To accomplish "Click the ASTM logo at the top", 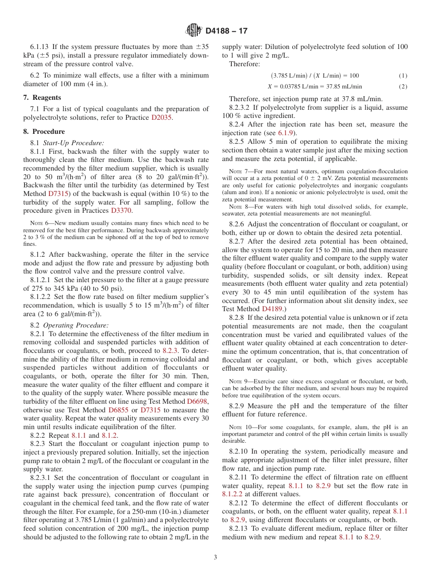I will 193,30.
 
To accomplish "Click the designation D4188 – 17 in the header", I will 226,31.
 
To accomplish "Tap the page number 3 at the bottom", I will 215,557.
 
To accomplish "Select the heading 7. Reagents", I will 42,98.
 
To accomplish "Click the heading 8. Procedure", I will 44,132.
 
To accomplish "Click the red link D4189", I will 273,309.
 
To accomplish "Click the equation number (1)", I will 403,76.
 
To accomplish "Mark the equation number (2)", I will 403,87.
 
